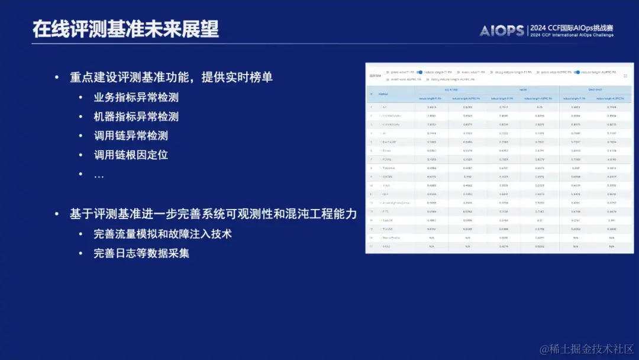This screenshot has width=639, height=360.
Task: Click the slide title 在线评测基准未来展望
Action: point(125,29)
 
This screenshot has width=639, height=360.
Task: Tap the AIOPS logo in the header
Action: point(502,30)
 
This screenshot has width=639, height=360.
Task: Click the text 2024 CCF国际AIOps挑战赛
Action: point(572,27)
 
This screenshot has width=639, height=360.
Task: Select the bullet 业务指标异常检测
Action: point(136,98)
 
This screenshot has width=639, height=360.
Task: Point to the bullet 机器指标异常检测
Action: point(136,117)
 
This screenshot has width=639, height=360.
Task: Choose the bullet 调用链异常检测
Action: point(131,136)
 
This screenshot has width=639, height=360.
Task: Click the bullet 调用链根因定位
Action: point(131,155)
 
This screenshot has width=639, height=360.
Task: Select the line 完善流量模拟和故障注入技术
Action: point(162,234)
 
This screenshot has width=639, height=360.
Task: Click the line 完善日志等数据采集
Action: point(141,253)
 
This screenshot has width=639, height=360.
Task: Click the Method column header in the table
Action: point(383,94)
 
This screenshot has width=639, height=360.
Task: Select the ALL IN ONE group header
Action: point(450,89)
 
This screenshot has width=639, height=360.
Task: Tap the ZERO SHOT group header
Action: point(595,89)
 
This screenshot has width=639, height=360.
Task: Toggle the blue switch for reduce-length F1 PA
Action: point(419,72)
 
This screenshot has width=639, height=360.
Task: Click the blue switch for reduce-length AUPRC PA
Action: point(577,72)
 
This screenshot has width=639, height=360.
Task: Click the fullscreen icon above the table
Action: point(625,76)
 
